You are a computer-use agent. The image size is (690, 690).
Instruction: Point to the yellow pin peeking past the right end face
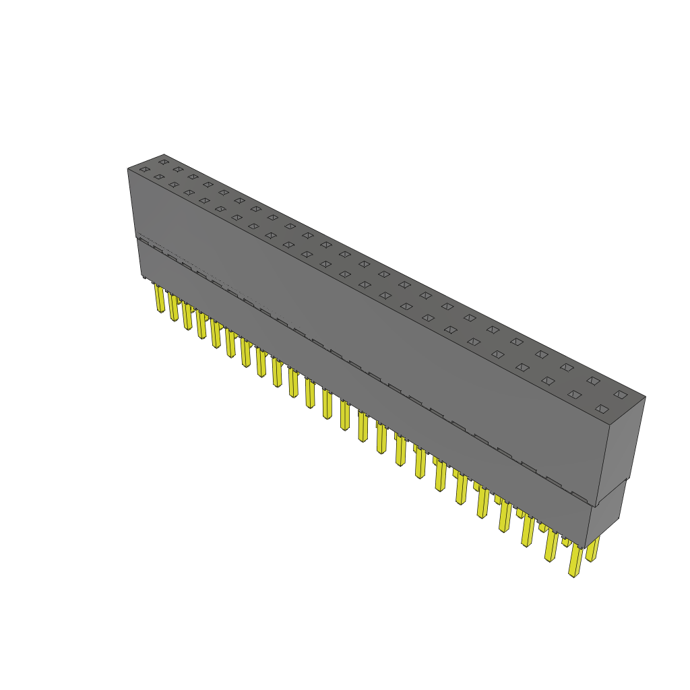click(x=592, y=549)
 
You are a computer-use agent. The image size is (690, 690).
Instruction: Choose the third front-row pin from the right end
click(x=527, y=532)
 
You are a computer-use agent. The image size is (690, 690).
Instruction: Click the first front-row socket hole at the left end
click(x=144, y=169)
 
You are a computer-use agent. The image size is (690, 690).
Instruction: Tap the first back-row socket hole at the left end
click(x=163, y=162)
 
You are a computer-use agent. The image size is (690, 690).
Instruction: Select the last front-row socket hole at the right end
click(x=602, y=408)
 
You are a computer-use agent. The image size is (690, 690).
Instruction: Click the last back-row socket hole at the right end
click(x=620, y=394)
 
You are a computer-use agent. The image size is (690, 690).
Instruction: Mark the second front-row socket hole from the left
click(x=159, y=177)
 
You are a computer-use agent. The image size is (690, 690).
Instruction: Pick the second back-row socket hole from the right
click(x=592, y=381)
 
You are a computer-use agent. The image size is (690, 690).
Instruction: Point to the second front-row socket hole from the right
click(x=574, y=394)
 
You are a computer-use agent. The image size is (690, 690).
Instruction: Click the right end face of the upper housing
click(x=623, y=445)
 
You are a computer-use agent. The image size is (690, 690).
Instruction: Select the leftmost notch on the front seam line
click(x=144, y=241)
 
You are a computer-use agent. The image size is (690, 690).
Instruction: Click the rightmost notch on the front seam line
click(x=581, y=497)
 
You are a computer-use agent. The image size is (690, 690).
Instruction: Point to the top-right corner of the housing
click(x=645, y=397)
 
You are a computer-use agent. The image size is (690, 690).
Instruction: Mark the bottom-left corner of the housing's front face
click(x=142, y=276)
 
